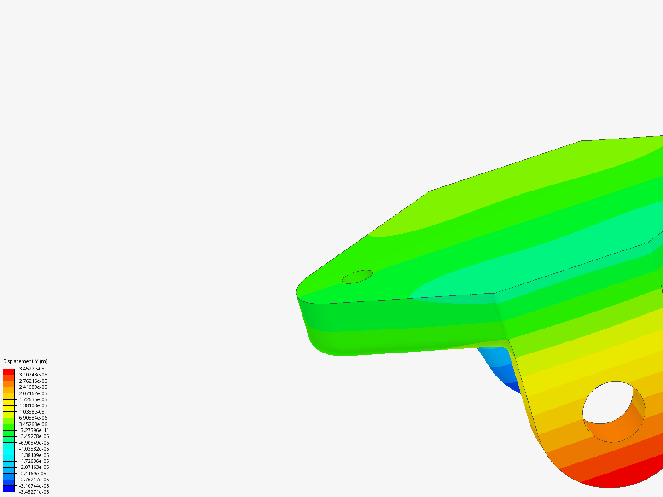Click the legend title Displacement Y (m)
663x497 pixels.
pos(25,361)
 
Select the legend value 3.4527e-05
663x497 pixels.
pos(32,369)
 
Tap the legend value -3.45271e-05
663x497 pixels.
pos(34,492)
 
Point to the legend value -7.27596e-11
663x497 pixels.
pos(34,430)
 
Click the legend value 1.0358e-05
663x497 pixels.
pos(32,412)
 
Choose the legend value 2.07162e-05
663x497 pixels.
pos(33,393)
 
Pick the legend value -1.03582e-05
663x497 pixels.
pos(34,449)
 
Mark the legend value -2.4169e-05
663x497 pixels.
pos(33,474)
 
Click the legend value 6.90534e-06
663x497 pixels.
pos(33,418)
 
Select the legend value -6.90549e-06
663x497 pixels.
pos(34,443)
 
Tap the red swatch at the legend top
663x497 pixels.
pos(9,371)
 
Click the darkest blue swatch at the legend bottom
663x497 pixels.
pos(9,489)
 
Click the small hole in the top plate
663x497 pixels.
pos(357,277)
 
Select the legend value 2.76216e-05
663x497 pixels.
pos(33,381)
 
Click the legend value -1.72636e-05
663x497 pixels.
pos(34,461)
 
